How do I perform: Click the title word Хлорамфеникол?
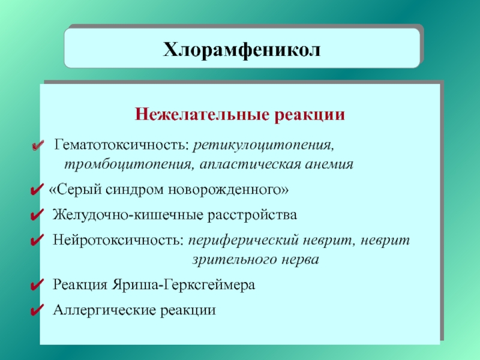(242, 50)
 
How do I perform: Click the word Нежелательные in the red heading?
(202, 115)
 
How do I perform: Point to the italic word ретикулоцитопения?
(263, 145)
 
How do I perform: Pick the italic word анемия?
(329, 164)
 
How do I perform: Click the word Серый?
(79, 190)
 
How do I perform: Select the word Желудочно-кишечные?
(128, 215)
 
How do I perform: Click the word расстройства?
(252, 215)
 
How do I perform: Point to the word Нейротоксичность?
(118, 239)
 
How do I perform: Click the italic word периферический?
(243, 241)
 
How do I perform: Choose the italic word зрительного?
(235, 260)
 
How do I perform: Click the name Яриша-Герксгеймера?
(183, 284)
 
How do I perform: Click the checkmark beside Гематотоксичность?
(38, 145)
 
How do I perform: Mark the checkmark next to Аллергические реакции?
(37, 310)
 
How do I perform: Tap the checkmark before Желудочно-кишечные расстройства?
(37, 215)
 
